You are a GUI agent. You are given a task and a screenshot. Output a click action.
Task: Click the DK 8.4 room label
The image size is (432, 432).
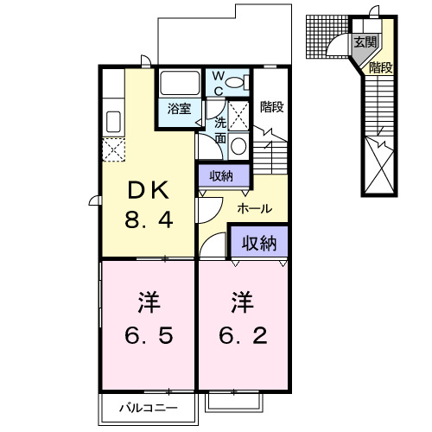point(151,204)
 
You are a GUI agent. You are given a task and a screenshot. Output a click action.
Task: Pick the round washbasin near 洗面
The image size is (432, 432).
point(238,145)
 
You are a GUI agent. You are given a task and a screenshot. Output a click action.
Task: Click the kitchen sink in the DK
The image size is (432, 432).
point(112,118)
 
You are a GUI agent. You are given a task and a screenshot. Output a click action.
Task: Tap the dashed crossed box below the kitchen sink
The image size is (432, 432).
point(113,149)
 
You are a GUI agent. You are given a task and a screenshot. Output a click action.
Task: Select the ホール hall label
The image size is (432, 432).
point(254,209)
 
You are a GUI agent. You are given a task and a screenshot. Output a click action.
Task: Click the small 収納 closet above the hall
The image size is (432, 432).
point(222,175)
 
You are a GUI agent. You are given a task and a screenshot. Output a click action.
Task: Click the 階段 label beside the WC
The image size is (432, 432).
point(272,107)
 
